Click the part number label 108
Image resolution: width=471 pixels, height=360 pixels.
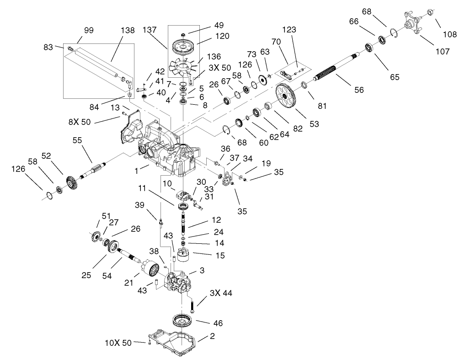(449, 34)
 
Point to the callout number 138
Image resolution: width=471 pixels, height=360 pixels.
(128, 31)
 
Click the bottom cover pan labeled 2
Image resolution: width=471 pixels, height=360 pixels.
(174, 340)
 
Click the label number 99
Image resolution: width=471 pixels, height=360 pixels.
(89, 31)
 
